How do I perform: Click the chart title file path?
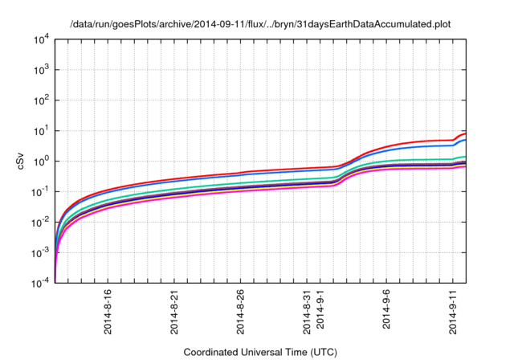pyautogui.click(x=257, y=24)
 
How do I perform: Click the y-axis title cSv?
pyautogui.click(x=22, y=161)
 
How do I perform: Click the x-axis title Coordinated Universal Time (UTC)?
pyautogui.click(x=260, y=352)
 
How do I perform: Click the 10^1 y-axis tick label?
pyautogui.click(x=43, y=130)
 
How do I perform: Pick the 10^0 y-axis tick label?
pyautogui.click(x=43, y=161)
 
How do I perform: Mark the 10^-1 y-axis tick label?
pyautogui.click(x=42, y=191)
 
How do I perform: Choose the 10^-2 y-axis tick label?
pyautogui.click(x=42, y=222)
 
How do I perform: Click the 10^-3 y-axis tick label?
pyautogui.click(x=42, y=252)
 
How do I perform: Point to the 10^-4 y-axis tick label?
pyautogui.click(x=42, y=283)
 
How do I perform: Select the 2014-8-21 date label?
pyautogui.click(x=174, y=313)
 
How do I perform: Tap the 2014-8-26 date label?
pyautogui.click(x=241, y=313)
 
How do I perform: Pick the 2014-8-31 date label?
pyautogui.click(x=308, y=313)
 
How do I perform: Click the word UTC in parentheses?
pyautogui.click(x=321, y=352)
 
